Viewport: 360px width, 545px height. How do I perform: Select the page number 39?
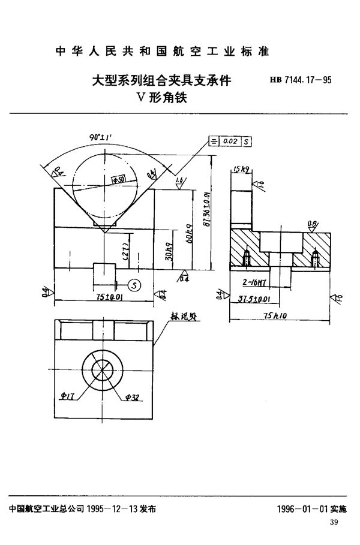coord(334,525)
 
